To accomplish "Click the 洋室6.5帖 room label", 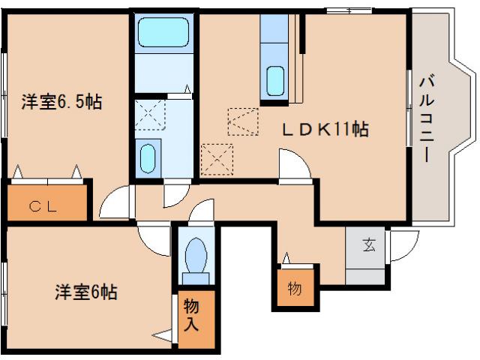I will point(61,102).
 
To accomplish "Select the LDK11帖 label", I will point(324,129).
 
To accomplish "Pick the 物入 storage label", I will point(191,316).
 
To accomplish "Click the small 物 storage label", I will point(294,288).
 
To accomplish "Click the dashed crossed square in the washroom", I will point(151,115).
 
